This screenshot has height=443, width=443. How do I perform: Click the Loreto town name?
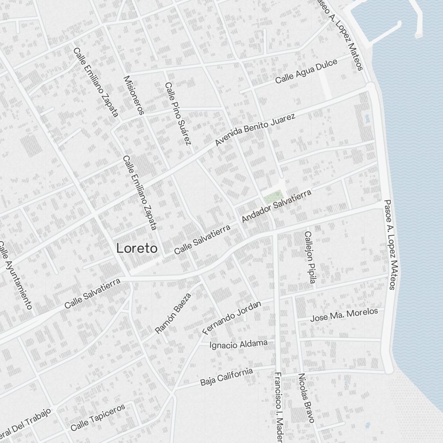(x=136, y=249)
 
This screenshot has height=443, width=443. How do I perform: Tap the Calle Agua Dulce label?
(x=306, y=71)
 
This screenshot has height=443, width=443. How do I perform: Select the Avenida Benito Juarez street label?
(x=255, y=130)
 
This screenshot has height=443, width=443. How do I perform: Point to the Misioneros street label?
(x=134, y=95)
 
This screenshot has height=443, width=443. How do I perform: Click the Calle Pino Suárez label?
(x=178, y=113)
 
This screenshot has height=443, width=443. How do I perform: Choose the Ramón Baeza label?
(x=173, y=313)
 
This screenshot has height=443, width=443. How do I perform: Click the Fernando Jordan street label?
(x=232, y=317)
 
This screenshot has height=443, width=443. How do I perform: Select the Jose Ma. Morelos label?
(x=344, y=315)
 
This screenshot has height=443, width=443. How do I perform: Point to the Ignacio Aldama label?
(x=239, y=344)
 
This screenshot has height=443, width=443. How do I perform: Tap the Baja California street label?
(x=226, y=377)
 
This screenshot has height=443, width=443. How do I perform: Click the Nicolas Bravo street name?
(x=306, y=397)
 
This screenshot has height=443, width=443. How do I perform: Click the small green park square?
(x=273, y=196)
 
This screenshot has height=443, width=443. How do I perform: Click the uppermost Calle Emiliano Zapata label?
(x=96, y=82)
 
